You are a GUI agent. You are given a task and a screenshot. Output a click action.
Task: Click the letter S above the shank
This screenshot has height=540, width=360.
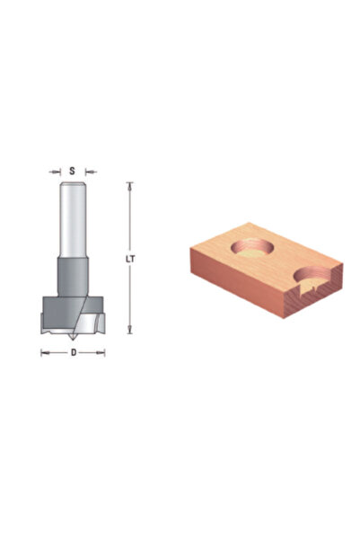coord(72,171)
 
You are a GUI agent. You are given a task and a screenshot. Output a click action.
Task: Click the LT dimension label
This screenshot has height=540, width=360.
coord(130,260)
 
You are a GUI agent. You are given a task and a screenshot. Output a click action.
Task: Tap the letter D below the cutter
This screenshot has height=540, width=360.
coord(74,352)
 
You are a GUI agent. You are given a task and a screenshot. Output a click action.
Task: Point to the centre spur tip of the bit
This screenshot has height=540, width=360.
coord(73,340)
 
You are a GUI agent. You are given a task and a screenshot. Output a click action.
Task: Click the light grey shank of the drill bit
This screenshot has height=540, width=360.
coord(73,219)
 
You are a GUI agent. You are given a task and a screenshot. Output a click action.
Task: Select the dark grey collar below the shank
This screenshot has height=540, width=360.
coord(73,277)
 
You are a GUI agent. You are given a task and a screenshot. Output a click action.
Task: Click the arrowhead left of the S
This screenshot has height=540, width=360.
coord(55,172)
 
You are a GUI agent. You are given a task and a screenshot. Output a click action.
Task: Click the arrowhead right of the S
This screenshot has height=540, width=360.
coord(91,172)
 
